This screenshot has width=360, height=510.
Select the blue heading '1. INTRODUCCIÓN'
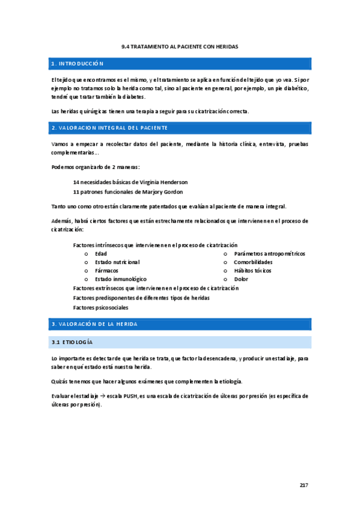78,63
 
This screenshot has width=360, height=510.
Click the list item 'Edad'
101,254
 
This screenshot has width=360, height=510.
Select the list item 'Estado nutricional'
117,262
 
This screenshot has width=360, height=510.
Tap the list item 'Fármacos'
107,271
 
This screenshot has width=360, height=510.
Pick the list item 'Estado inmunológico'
121,279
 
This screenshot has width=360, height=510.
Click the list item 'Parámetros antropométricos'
269,254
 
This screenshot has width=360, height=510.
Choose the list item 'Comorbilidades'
253,262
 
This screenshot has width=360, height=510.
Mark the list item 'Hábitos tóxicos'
252,271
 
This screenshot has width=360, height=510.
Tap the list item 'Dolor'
241,279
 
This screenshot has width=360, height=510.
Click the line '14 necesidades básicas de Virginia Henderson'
130,182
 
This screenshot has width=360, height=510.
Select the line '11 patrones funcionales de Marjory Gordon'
128,192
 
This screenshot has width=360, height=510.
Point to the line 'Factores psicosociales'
100,307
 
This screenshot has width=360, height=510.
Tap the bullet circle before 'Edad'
86,254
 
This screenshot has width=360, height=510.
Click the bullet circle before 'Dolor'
225,279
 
